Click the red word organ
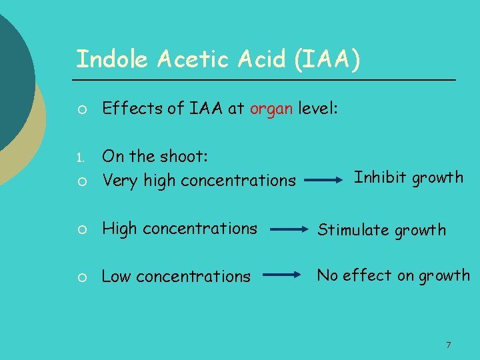click(271, 109)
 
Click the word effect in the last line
click(364, 275)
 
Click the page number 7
click(448, 345)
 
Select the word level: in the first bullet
click(319, 108)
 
